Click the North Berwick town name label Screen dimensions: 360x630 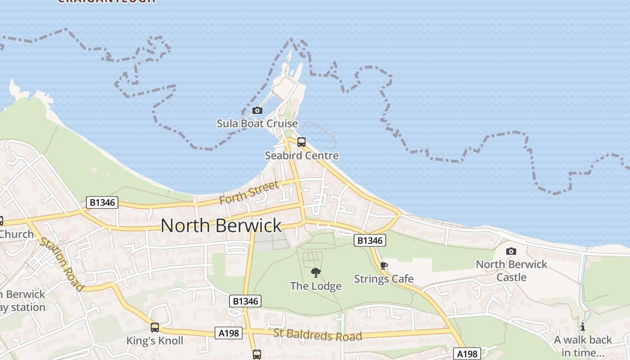click(x=221, y=225)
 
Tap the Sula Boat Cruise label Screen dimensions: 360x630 click(x=257, y=123)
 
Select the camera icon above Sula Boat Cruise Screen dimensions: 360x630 click(x=257, y=110)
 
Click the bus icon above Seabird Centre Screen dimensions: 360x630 click(x=301, y=142)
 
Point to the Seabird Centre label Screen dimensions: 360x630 click(x=301, y=156)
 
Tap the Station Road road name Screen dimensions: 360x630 click(x=62, y=263)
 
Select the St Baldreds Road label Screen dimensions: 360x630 click(x=317, y=335)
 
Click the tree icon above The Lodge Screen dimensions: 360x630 click(x=316, y=272)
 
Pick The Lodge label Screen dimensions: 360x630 click(x=315, y=286)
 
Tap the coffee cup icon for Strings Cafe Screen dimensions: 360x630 click(x=383, y=266)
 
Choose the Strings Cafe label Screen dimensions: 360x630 click(x=383, y=279)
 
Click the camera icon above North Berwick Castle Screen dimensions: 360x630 click(x=511, y=251)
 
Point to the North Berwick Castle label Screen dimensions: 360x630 click(x=511, y=270)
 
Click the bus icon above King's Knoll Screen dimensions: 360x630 click(x=155, y=328)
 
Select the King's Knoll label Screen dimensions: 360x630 click(x=155, y=341)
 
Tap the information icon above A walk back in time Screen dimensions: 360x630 click(x=583, y=327)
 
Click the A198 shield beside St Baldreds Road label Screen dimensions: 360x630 click(x=229, y=333)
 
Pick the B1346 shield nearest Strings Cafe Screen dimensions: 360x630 click(x=370, y=240)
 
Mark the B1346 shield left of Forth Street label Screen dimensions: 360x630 click(x=103, y=202)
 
